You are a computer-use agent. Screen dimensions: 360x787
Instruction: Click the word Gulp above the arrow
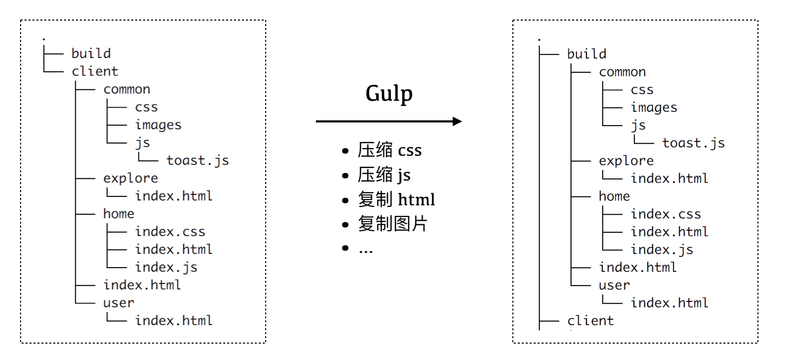point(389,94)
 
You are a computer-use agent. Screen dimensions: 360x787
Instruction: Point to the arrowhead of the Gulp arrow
point(457,121)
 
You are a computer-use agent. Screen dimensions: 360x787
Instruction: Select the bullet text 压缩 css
point(390,150)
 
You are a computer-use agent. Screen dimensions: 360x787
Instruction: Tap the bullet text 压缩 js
point(384,175)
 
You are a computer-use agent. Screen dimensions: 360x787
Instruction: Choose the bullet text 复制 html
point(396,200)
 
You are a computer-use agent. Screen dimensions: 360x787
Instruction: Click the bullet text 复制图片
point(392,224)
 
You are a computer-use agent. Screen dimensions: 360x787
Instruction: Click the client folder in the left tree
point(95,71)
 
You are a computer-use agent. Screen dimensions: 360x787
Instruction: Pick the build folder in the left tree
point(91,53)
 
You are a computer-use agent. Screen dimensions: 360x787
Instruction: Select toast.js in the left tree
point(198,160)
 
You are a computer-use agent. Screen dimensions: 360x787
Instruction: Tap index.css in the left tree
point(170,231)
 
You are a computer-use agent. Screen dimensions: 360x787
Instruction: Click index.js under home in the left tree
point(166,267)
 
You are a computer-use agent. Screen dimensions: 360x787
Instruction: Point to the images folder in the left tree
point(158,125)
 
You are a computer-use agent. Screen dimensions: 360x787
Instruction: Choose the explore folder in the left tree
point(130,178)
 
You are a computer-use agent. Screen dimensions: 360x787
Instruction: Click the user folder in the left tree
point(118,302)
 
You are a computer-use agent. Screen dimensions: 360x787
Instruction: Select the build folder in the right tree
point(586,54)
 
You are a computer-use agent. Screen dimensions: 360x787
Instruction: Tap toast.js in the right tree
point(694,143)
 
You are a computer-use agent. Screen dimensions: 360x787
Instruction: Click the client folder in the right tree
point(591,320)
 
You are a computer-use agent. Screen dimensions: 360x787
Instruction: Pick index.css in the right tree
point(666,214)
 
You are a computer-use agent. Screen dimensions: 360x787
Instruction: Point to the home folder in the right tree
point(614,196)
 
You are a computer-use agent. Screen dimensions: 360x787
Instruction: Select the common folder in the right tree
point(622,72)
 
